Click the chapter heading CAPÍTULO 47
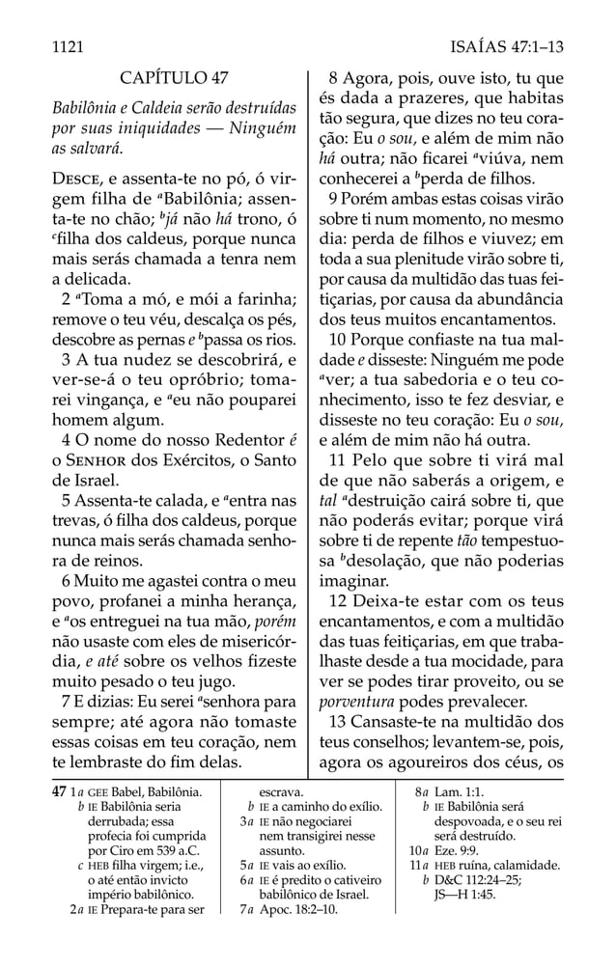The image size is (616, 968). tap(175, 77)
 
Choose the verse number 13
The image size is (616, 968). tap(337, 722)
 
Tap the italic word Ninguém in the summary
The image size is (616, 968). tap(260, 127)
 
